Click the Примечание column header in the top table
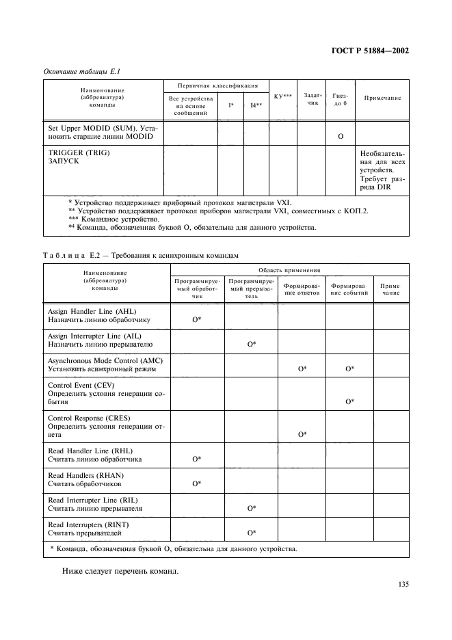[x=382, y=98]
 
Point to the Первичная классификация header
[x=217, y=86]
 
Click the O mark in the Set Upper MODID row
[x=340, y=137]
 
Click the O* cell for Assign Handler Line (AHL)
[x=196, y=319]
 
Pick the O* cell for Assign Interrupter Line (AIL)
[x=252, y=344]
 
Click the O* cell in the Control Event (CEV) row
[x=349, y=401]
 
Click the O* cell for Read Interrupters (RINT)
[x=252, y=532]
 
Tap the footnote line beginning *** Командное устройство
[x=114, y=219]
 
